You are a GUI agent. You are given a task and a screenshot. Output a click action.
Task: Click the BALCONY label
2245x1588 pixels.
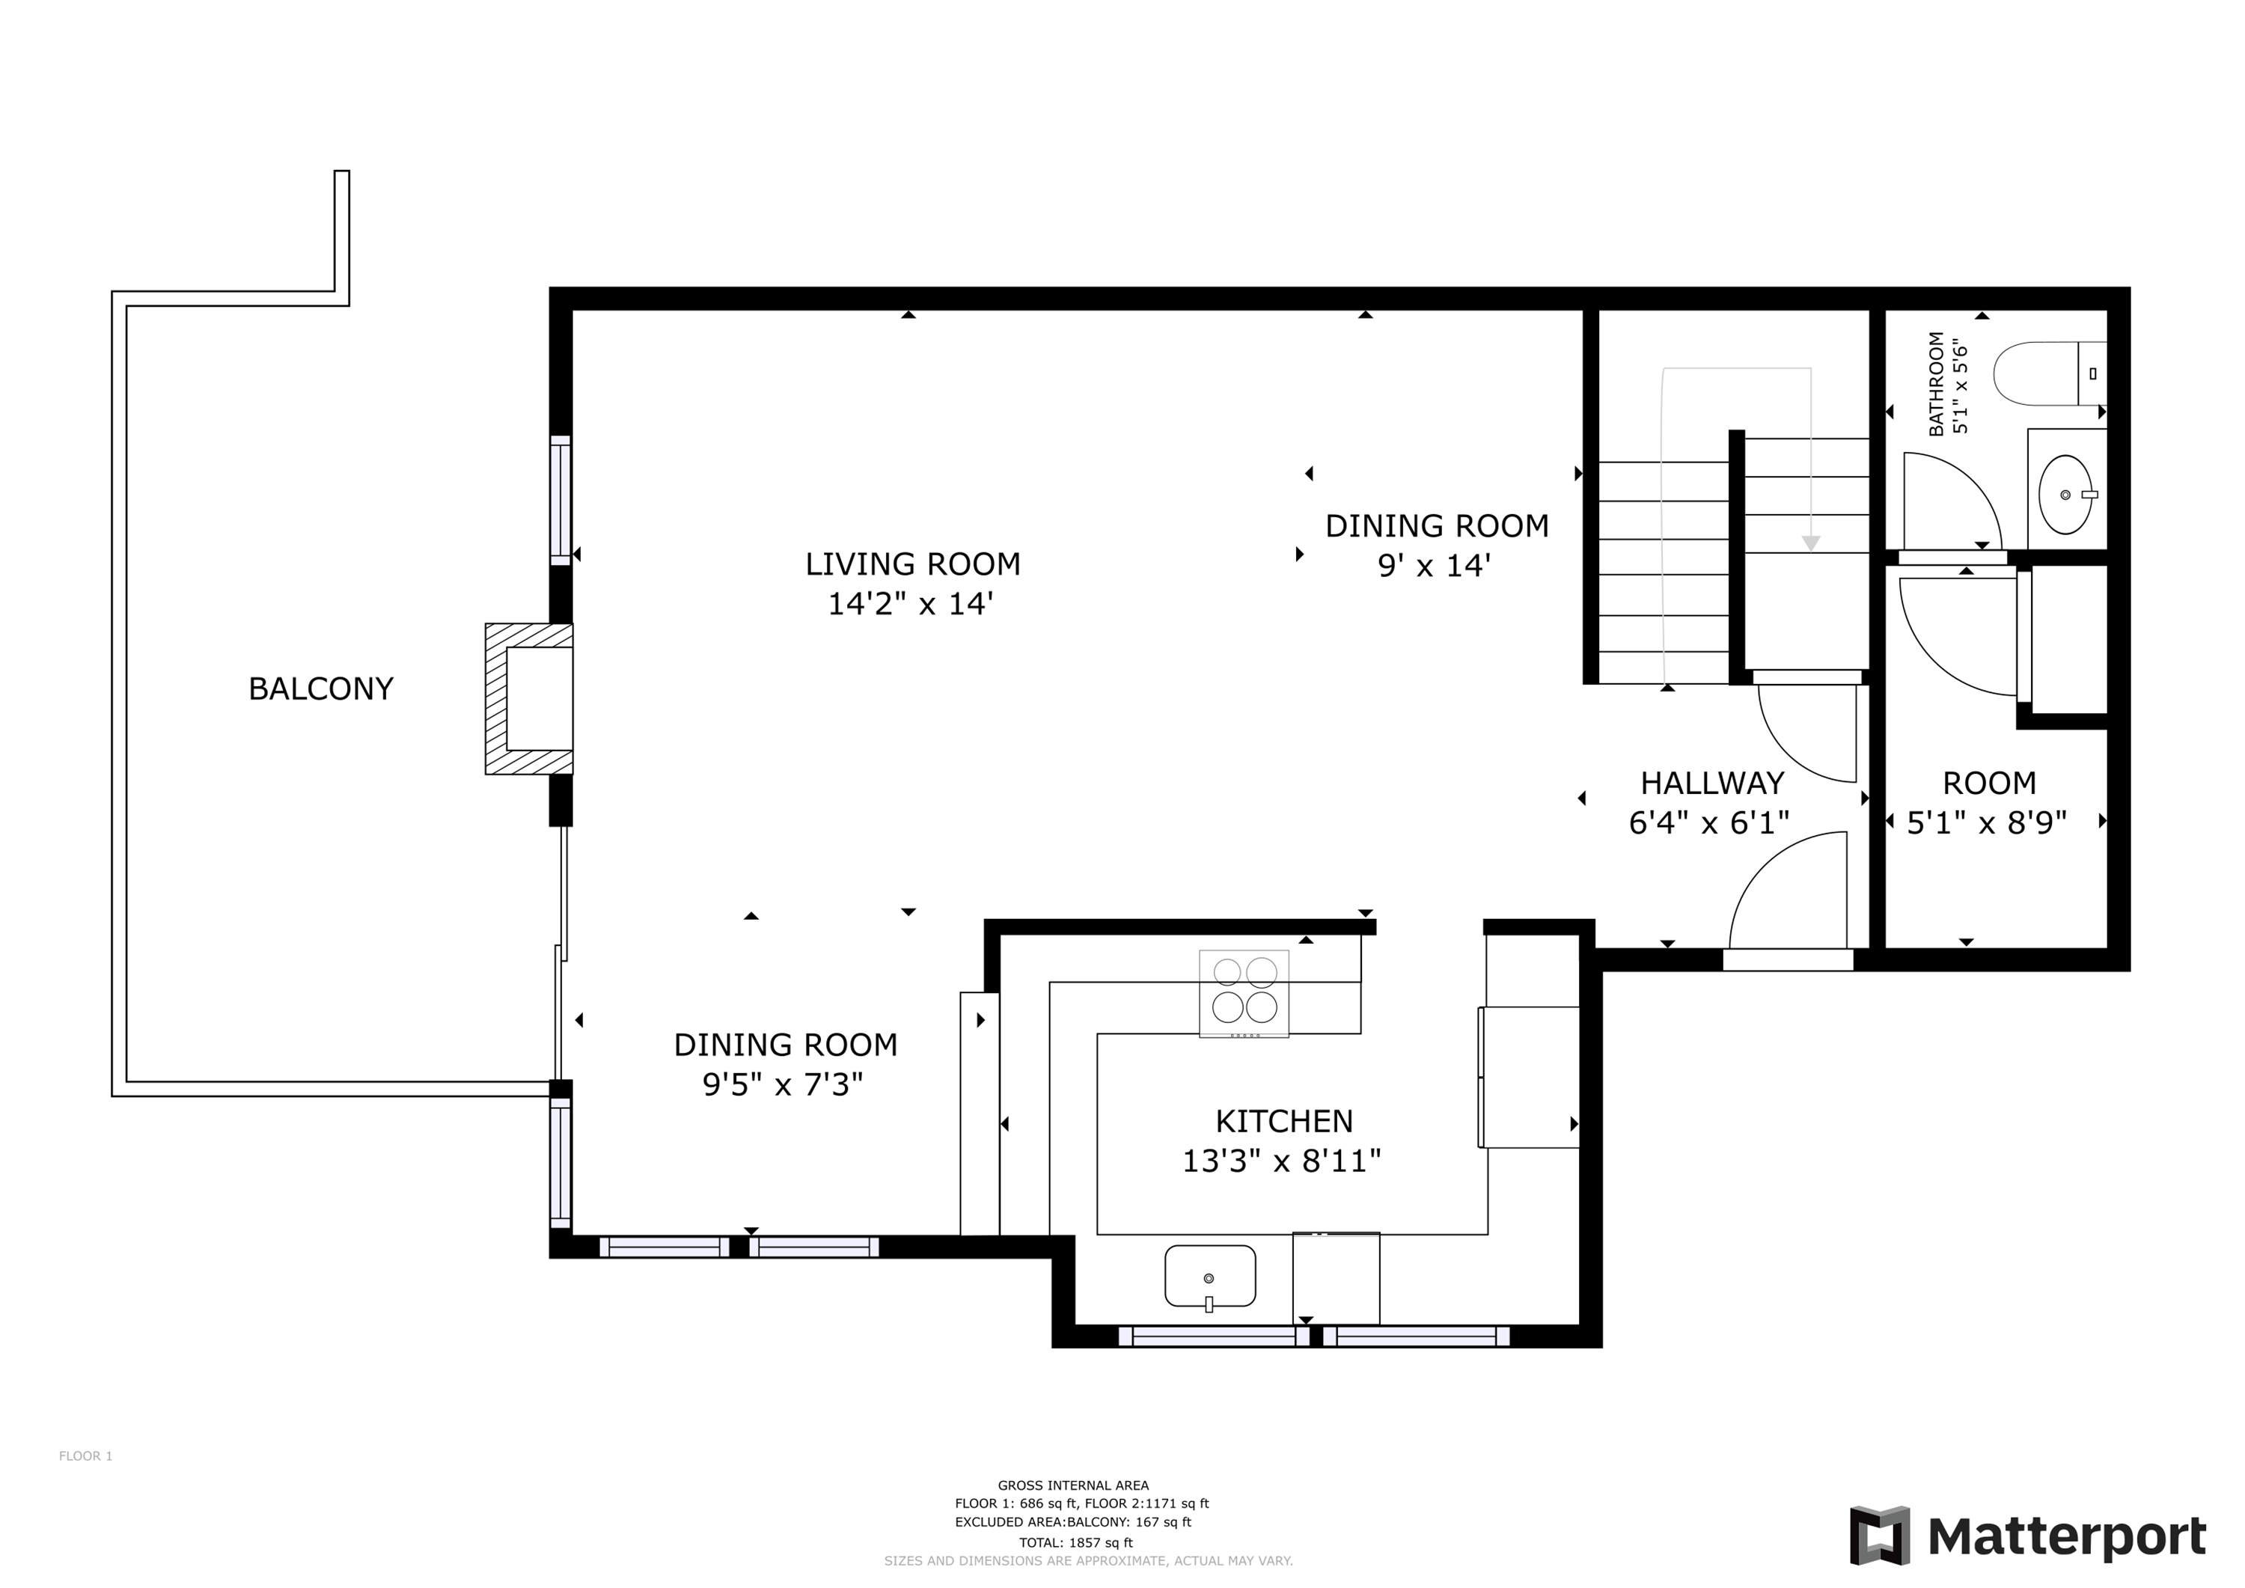coord(321,689)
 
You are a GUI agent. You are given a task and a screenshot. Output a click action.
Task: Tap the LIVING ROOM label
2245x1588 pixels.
coord(912,564)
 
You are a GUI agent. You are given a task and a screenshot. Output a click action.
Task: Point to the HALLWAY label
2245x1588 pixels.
coord(1712,784)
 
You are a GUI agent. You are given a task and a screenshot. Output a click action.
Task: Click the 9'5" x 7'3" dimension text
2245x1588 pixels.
coord(784,1084)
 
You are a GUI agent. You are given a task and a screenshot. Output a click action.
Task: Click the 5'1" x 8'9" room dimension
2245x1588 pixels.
coord(1987,823)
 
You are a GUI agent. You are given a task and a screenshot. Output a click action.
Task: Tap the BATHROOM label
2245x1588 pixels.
coord(1936,385)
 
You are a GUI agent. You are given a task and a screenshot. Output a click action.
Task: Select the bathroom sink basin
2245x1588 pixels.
coord(2065,495)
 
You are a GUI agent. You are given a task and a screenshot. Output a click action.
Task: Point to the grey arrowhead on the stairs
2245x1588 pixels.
coord(1811,543)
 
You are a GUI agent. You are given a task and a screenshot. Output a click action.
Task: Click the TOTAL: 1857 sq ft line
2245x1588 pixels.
coord(1075,1543)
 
